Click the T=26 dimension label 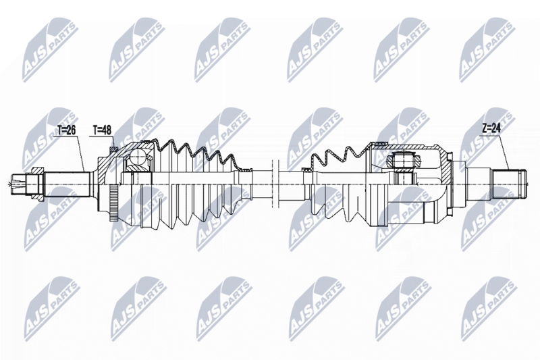66,130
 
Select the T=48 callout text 102,130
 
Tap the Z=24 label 491,128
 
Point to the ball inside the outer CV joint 140,157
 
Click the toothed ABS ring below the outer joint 113,203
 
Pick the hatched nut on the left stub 37,183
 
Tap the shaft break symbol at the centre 275,184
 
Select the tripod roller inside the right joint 403,161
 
